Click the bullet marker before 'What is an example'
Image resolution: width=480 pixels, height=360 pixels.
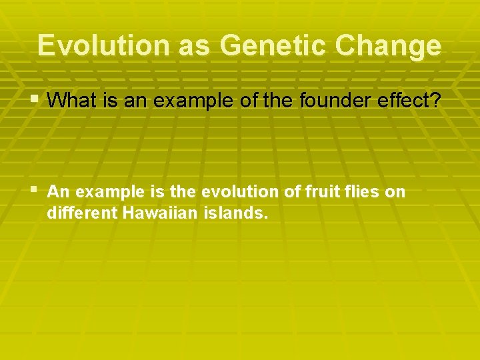click(35, 100)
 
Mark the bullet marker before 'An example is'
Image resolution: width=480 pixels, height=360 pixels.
click(35, 191)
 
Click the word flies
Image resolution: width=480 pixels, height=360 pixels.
click(361, 192)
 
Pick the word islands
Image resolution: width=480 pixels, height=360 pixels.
click(237, 215)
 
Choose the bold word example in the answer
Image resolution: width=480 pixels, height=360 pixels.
click(105, 192)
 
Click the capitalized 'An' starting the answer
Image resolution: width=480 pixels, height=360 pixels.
click(58, 192)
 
